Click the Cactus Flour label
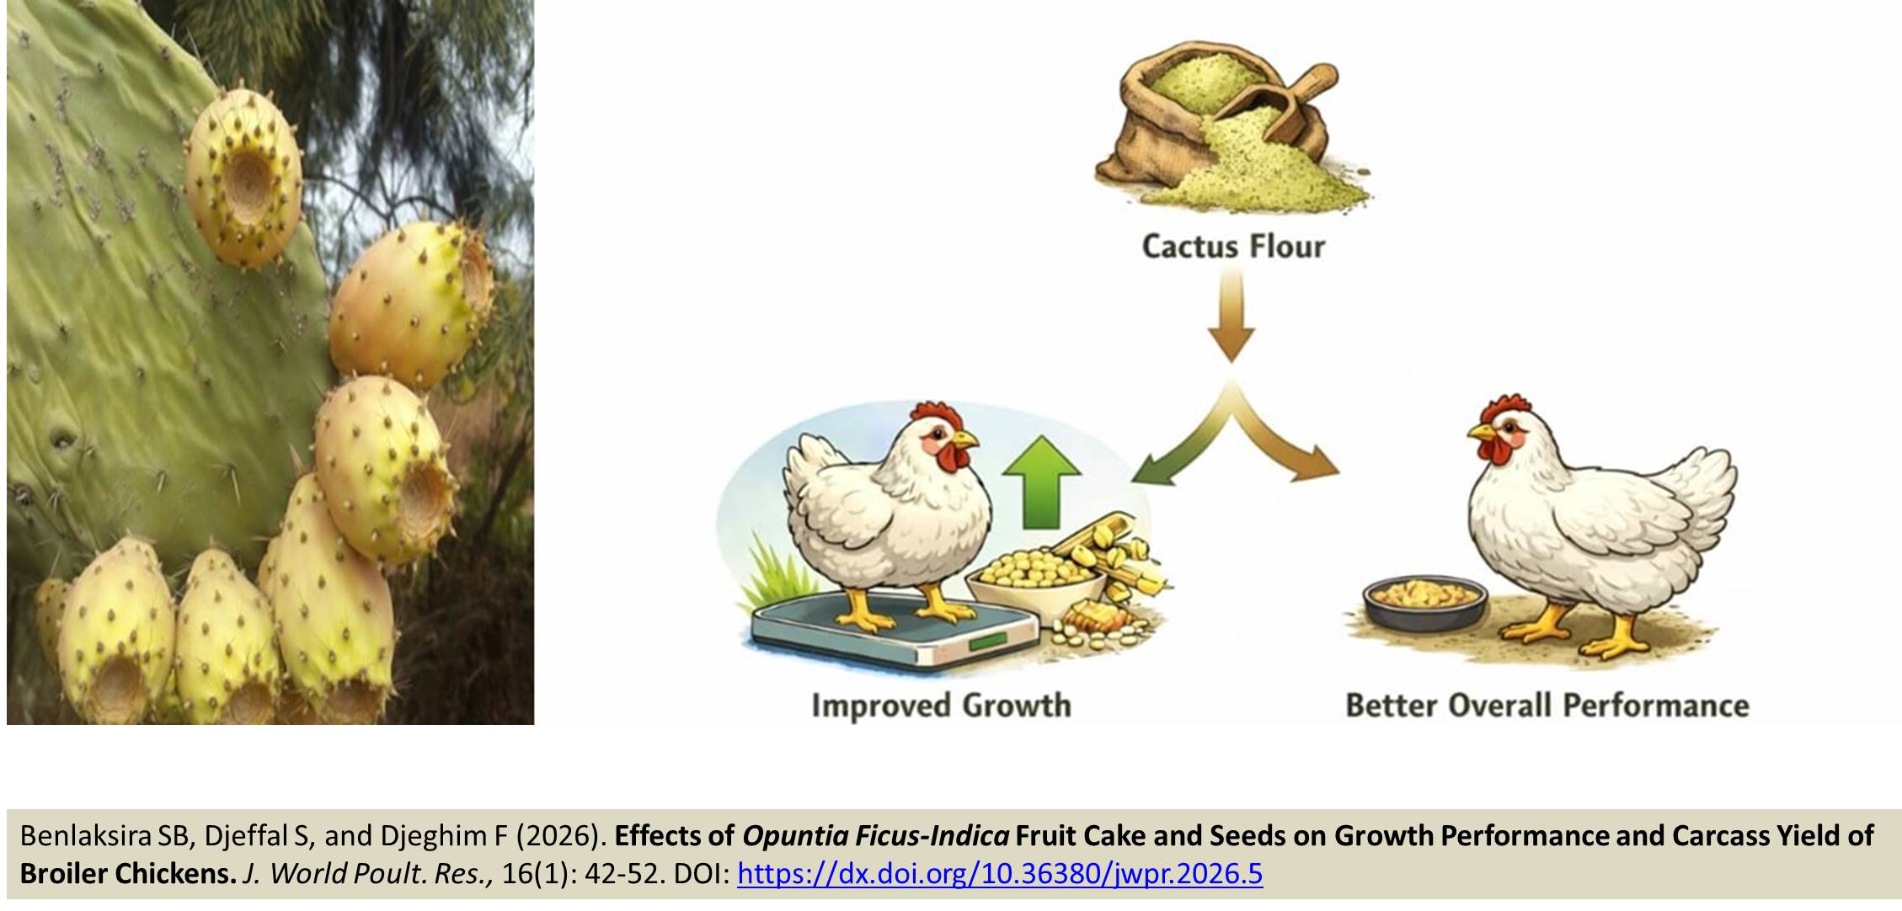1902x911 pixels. pyautogui.click(x=1233, y=247)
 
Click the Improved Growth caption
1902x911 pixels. pyautogui.click(x=941, y=706)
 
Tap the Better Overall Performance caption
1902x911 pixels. pyautogui.click(x=1547, y=706)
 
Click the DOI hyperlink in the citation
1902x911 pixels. pyautogui.click(x=1000, y=874)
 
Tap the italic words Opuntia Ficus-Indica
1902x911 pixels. pyautogui.click(x=875, y=836)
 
